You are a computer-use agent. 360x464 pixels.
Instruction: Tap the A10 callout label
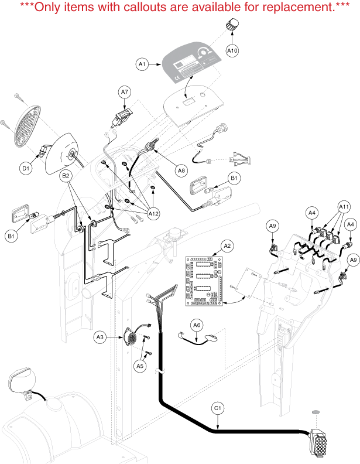pos(232,51)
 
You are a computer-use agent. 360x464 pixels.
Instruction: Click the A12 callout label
pos(153,214)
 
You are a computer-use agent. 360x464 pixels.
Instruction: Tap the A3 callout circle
pos(100,337)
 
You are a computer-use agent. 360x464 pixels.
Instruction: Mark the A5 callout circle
pos(140,366)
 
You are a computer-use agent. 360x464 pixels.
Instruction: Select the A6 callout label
pos(197,324)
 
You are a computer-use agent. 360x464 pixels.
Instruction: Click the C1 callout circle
pos(217,408)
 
